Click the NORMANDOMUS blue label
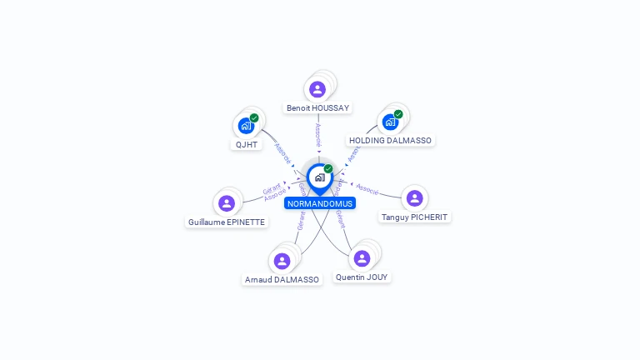[x=320, y=203]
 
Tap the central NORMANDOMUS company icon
[x=319, y=177]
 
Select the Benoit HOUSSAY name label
[x=317, y=107]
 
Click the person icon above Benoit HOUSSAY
[x=317, y=89]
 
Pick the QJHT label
[x=247, y=144]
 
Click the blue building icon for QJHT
[x=245, y=127]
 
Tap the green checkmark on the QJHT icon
[x=254, y=117]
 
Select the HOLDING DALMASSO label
[x=390, y=140]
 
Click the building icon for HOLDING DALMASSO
[x=389, y=122]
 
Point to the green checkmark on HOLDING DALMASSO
[x=398, y=114]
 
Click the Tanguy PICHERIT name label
[x=414, y=217]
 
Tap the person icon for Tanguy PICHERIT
[x=414, y=198]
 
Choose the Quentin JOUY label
[x=362, y=277]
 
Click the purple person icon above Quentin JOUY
[x=362, y=258]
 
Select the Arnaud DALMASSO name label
[x=282, y=280]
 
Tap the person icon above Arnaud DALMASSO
[x=282, y=261]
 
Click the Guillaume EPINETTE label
[x=227, y=222]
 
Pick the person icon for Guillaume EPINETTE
[x=227, y=203]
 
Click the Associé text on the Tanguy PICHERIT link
[x=367, y=188]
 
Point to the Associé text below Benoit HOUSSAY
[x=318, y=134]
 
